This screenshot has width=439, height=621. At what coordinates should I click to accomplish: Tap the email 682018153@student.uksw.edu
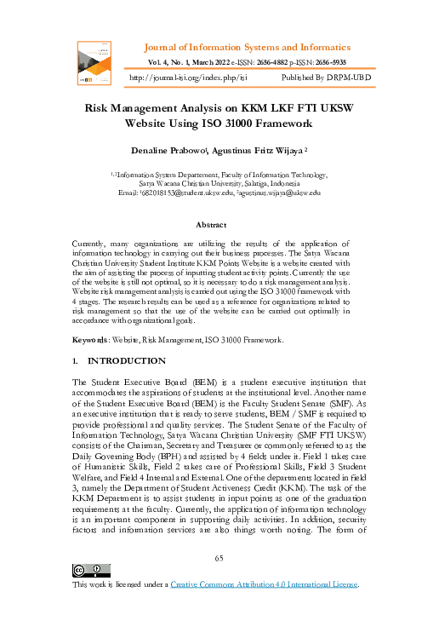(x=188, y=193)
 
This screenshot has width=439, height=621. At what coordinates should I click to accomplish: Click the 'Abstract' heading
(x=211, y=225)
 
